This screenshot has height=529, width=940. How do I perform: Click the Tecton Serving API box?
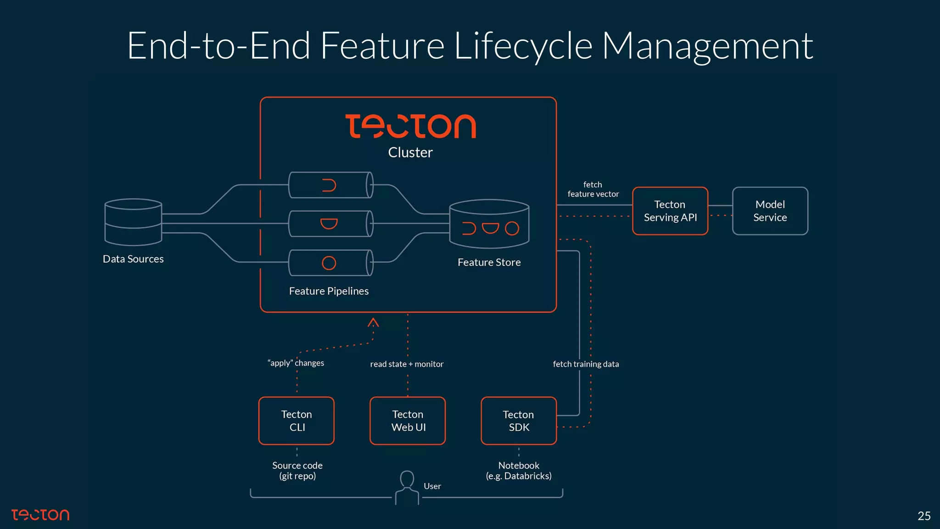(x=670, y=211)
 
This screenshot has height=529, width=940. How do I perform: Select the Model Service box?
(x=770, y=211)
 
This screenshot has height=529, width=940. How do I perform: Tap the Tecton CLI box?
(x=297, y=421)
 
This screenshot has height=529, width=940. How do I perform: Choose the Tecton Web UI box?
(x=408, y=421)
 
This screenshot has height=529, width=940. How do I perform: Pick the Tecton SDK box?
(x=519, y=421)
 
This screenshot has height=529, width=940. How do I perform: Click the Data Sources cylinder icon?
(x=133, y=222)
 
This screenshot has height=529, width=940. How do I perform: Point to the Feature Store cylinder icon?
(x=489, y=224)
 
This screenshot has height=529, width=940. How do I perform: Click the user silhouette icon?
(x=407, y=488)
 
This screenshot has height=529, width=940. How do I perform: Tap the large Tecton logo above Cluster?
(x=410, y=126)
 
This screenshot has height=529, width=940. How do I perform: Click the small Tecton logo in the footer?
(x=40, y=515)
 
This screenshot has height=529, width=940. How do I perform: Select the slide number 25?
(x=923, y=516)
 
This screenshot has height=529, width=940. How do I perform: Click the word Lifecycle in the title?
(x=523, y=46)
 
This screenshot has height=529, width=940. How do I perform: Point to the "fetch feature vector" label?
(x=593, y=189)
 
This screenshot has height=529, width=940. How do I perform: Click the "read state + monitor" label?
(x=407, y=364)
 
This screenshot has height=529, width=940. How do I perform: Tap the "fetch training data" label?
(x=586, y=364)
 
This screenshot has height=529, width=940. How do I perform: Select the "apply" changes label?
(x=296, y=363)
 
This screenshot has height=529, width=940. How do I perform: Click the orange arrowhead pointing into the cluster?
(x=373, y=322)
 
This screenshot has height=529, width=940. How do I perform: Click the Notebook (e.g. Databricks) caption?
(x=519, y=471)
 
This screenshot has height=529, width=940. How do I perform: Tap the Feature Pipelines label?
(x=329, y=291)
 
